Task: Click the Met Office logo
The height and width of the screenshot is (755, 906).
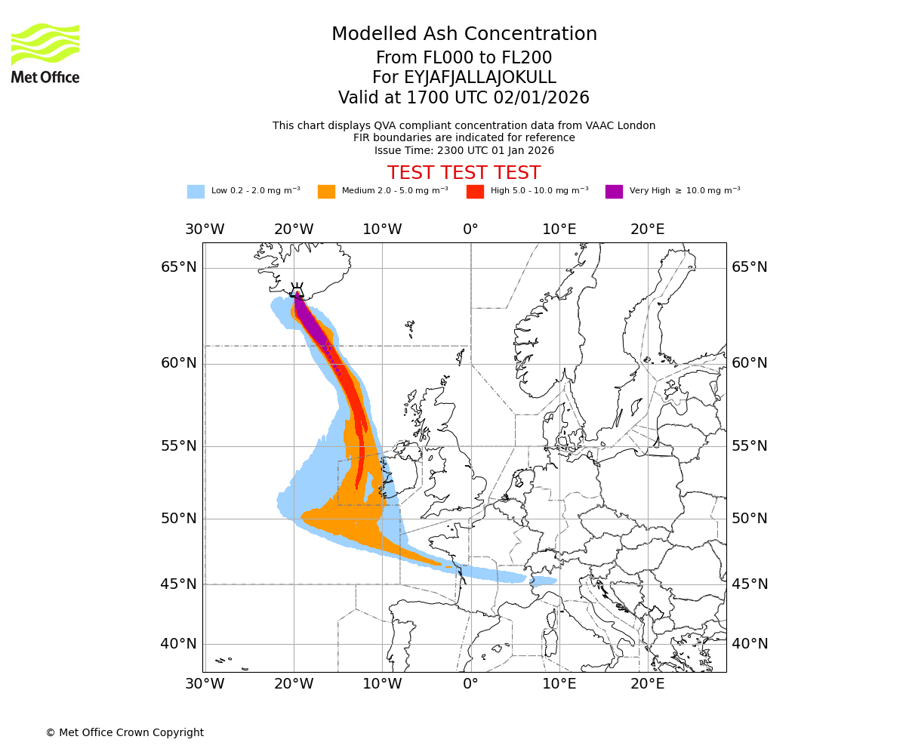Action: tap(45, 53)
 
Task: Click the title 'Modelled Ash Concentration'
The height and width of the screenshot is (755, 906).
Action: tap(464, 34)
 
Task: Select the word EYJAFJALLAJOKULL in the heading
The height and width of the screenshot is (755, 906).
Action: tap(480, 78)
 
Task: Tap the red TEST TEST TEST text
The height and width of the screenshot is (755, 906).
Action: tap(464, 173)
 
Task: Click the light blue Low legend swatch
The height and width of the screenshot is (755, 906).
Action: tap(196, 192)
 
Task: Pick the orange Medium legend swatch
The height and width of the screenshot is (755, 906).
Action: tap(326, 192)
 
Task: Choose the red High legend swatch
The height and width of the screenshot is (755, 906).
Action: tap(475, 192)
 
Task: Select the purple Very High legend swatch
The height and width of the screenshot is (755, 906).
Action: tap(614, 192)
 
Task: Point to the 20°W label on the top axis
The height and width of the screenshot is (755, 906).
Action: tap(294, 230)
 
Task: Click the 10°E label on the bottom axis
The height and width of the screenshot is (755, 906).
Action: tap(559, 684)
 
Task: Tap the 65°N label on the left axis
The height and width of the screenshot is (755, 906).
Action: tap(179, 267)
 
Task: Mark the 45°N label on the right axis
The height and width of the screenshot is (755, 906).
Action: tap(749, 584)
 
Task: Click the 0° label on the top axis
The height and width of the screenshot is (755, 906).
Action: tap(470, 230)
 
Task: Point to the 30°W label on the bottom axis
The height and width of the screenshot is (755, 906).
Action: tap(205, 684)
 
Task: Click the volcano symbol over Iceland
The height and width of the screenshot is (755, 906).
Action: tap(297, 289)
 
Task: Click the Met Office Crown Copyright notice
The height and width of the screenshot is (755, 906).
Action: tap(125, 732)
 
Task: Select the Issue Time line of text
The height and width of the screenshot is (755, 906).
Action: tap(464, 150)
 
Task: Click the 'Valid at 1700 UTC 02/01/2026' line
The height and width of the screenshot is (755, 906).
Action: tap(464, 98)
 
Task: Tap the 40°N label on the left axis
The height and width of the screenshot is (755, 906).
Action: tap(179, 644)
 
